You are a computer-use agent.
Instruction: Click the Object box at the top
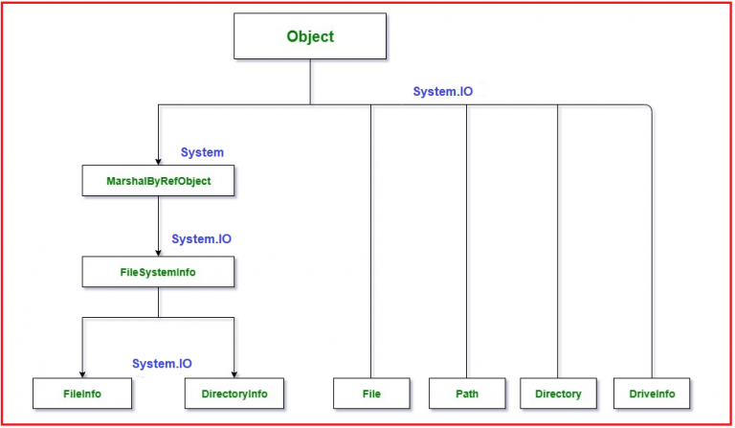[x=310, y=37]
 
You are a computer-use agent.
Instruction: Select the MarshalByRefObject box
[x=157, y=179]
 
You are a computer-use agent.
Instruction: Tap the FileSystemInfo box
[x=157, y=272]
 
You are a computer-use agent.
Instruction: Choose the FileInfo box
[x=81, y=393]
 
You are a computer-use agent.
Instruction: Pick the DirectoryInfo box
[x=234, y=393]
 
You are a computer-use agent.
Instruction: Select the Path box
[x=467, y=393]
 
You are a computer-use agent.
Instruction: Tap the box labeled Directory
[x=558, y=393]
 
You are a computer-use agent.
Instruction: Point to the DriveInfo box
[x=652, y=393]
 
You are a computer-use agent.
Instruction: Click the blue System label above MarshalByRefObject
[x=202, y=152]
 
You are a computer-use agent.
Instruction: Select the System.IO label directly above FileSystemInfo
[x=201, y=238]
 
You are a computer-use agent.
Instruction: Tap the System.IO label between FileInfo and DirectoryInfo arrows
[x=162, y=364]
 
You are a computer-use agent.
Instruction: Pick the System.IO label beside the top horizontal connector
[x=442, y=92]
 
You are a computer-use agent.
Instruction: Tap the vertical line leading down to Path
[x=467, y=239]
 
